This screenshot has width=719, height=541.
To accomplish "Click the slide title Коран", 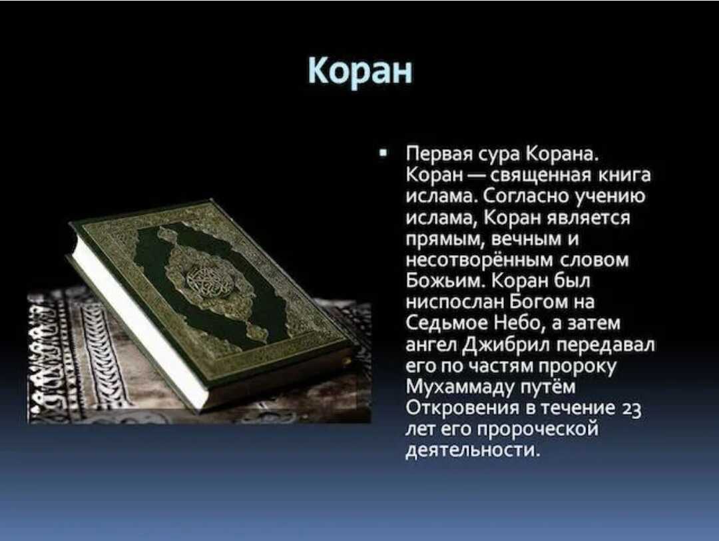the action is click(360, 71).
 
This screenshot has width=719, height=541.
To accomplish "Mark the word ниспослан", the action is click(455, 302).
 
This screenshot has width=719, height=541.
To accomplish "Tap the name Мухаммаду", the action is click(461, 388).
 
